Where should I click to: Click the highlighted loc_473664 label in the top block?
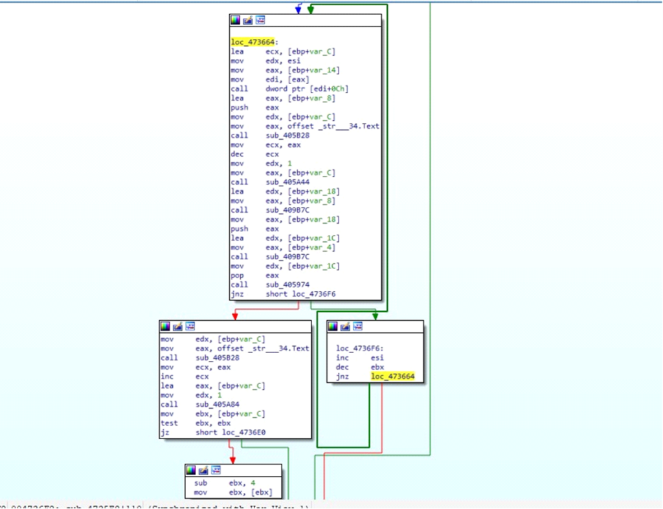pyautogui.click(x=250, y=42)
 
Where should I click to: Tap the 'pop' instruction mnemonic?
pyautogui.click(x=236, y=276)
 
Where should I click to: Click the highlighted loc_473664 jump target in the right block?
pyautogui.click(x=392, y=376)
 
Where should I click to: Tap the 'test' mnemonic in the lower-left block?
pyautogui.click(x=168, y=424)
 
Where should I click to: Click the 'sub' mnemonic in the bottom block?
pyautogui.click(x=200, y=483)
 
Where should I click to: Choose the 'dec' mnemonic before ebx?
pyautogui.click(x=342, y=367)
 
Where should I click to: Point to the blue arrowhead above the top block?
pyautogui.click(x=298, y=9)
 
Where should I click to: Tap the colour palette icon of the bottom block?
pyautogui.click(x=191, y=470)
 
